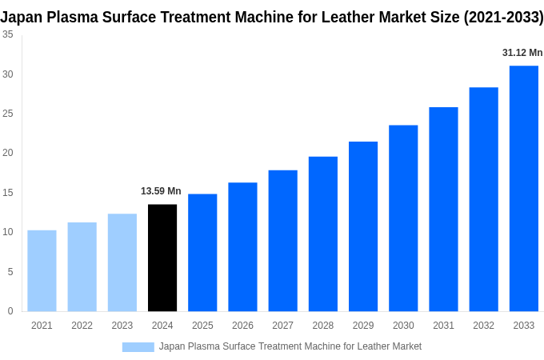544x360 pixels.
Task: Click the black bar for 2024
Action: [x=162, y=258]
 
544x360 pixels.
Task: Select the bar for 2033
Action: [x=523, y=188]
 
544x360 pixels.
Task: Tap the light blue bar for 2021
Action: [x=42, y=270]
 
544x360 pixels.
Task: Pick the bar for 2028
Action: [x=322, y=234]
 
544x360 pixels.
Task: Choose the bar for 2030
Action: [x=403, y=218]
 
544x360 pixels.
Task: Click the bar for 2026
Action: [x=242, y=246]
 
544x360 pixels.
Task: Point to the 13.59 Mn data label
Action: [x=161, y=191]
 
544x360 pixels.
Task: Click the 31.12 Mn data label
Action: [x=522, y=53]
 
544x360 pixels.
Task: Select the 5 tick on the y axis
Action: [x=10, y=272]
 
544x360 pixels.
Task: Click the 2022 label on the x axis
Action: [x=82, y=326]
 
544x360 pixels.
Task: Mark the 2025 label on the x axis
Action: [x=202, y=326]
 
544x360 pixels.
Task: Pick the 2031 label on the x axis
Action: [x=443, y=326]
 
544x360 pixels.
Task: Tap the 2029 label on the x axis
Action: [x=363, y=326]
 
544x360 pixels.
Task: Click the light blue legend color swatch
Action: [x=138, y=346]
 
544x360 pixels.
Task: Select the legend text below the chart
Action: [x=290, y=346]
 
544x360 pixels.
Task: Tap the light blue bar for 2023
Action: [x=122, y=262]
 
